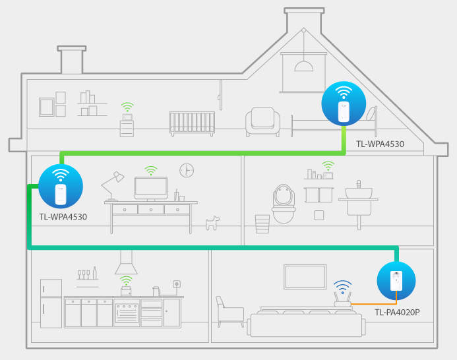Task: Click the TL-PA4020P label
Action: [x=397, y=312]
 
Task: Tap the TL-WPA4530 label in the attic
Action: [x=380, y=144]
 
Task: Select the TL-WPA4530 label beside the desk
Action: [x=63, y=217]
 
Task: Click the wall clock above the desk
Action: [x=187, y=170]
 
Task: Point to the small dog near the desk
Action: [x=212, y=223]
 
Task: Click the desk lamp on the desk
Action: [x=113, y=186]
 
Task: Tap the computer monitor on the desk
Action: [x=151, y=189]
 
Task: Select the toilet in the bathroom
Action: [x=284, y=204]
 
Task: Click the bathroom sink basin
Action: [x=359, y=193]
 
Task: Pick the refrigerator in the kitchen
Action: [x=51, y=303]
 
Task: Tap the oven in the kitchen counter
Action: [x=127, y=313]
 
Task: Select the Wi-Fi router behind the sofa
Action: [x=342, y=299]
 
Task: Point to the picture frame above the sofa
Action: [x=305, y=277]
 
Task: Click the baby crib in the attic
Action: [x=192, y=123]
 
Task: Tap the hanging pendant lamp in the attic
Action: [x=304, y=66]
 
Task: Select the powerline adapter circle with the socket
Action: [x=396, y=281]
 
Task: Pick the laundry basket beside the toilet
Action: [x=262, y=224]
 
